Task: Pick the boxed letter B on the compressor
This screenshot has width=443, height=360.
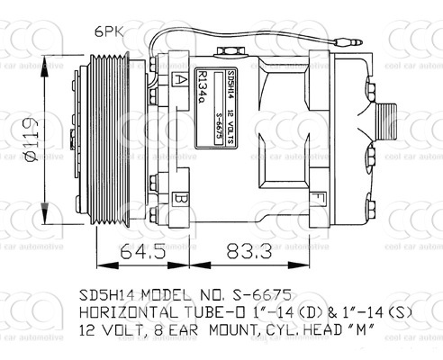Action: click(x=182, y=198)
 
